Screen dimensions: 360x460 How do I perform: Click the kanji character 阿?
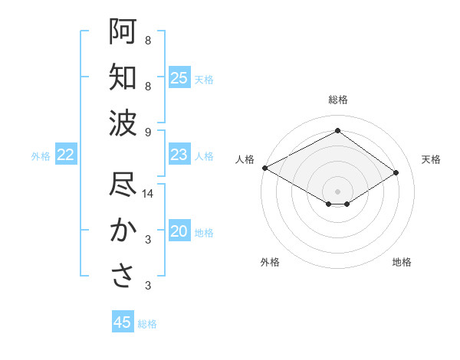[x=123, y=32]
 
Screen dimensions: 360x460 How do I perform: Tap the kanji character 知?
[x=123, y=77]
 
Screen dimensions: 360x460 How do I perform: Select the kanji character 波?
[x=123, y=123]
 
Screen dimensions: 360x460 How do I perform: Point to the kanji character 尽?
[x=123, y=185]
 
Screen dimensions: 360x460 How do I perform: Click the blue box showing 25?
[x=179, y=78]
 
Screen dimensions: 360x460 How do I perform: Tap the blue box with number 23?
[x=179, y=155]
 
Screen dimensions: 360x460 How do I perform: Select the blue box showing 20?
[x=179, y=232]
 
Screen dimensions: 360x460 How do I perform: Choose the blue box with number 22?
[x=66, y=155]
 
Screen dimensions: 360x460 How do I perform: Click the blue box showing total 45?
[x=123, y=322]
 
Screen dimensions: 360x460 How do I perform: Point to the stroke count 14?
[x=149, y=195]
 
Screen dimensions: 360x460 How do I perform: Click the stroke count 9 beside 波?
[x=148, y=132]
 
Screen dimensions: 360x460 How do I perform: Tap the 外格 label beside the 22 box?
[x=41, y=156]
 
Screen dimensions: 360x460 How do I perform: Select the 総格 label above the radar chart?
[x=337, y=100]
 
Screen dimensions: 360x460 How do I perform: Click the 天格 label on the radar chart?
[x=431, y=159]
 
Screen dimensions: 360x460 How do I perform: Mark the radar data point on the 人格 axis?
[x=264, y=168]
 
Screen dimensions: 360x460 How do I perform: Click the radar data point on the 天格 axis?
[x=396, y=172]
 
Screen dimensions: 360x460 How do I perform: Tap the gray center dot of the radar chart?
[x=337, y=190]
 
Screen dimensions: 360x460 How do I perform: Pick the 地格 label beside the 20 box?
[x=204, y=233]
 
